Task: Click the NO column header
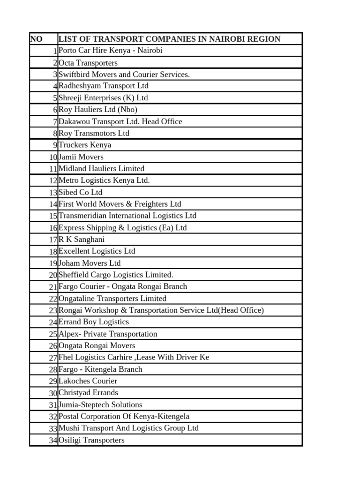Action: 36,39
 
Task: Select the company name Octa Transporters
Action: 88,63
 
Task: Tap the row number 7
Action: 55,122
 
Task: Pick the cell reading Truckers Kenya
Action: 85,145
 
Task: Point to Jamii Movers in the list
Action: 81,157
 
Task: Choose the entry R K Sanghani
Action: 82,240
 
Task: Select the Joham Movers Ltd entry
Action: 89,263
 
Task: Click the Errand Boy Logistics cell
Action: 93,322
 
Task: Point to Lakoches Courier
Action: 88,381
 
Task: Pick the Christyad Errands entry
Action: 88,393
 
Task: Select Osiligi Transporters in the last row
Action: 91,440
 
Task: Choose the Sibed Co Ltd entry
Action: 80,193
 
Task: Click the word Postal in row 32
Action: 69,416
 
